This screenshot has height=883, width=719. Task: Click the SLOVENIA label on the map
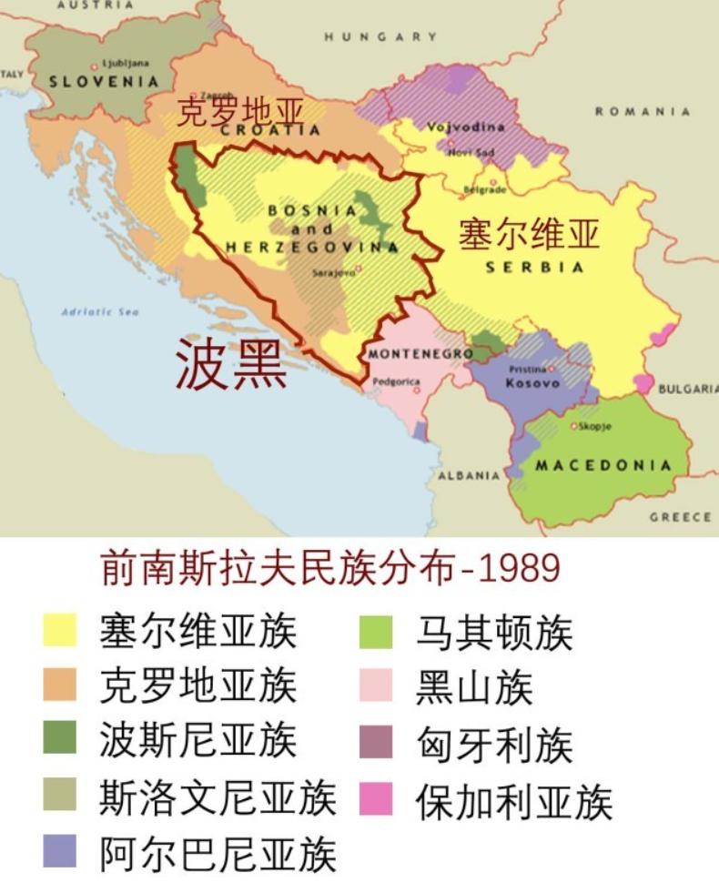point(104,81)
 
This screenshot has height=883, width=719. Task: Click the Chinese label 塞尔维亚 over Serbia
point(529,234)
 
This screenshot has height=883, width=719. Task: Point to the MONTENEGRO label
point(420,353)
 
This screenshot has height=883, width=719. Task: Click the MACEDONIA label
point(603,465)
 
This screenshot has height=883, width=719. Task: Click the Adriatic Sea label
point(100,312)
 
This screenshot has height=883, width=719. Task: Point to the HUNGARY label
point(380,36)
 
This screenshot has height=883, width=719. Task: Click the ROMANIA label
point(643,111)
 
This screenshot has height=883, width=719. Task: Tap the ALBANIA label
point(469,475)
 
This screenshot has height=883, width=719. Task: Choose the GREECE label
point(680,517)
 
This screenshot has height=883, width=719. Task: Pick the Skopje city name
point(595,426)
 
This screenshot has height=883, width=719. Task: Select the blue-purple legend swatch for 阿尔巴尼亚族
point(60,852)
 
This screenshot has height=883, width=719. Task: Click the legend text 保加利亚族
point(514,800)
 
